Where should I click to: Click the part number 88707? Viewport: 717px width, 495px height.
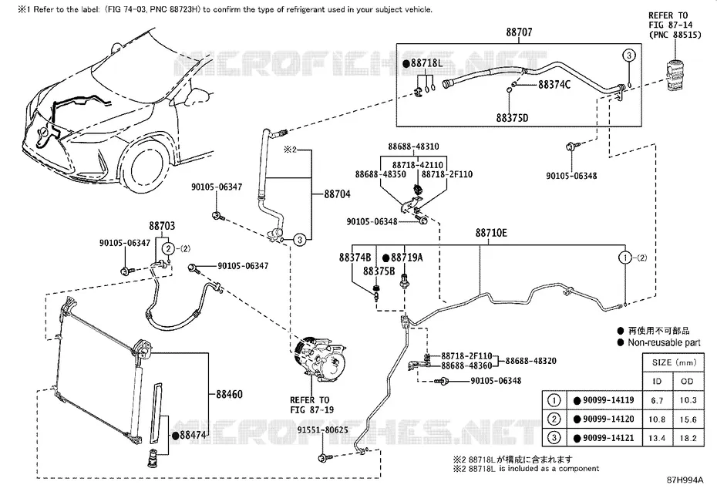point(519,32)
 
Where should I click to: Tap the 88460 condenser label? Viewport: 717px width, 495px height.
point(229,394)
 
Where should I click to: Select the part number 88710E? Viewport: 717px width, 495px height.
point(491,233)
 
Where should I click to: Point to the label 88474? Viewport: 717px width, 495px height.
point(193,435)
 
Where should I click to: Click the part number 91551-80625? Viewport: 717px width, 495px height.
point(322,430)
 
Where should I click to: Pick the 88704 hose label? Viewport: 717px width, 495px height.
point(337,194)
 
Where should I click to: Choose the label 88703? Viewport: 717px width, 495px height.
point(162,226)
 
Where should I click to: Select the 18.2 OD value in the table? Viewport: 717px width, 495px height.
point(688,438)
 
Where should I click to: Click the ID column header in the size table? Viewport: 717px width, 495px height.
point(657,381)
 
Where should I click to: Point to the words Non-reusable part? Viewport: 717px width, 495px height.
point(664,342)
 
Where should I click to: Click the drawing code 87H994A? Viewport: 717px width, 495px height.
point(685,480)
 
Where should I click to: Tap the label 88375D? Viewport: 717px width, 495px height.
point(512,118)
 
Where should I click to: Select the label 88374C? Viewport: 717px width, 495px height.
point(554,85)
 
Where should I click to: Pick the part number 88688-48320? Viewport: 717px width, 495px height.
point(531,361)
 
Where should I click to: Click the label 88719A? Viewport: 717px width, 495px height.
point(406,258)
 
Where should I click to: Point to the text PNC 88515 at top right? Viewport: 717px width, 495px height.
point(675,35)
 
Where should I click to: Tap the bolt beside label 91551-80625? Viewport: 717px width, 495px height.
point(323,458)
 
